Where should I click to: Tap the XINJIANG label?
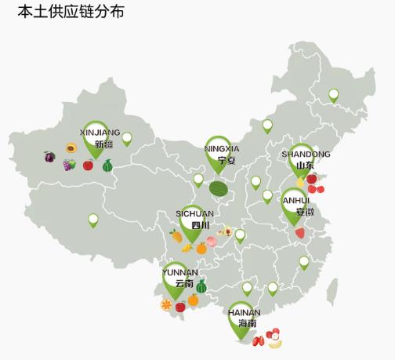coord(100,133)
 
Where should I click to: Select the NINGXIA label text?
coord(222,148)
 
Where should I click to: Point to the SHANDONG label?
coord(306,155)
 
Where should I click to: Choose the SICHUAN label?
coord(194,213)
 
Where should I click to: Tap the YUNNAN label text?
coord(180,272)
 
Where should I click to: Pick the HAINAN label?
coord(245,312)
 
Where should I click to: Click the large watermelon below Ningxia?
coord(219,188)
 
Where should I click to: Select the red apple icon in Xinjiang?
coord(88,165)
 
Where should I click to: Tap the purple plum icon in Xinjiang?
coord(49,157)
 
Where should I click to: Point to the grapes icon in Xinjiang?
coord(69,165)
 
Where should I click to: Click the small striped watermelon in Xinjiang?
coord(107,165)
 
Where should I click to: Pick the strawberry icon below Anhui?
coord(300,233)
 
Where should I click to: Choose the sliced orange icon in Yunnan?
coord(166,304)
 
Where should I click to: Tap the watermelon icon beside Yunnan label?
coord(201,286)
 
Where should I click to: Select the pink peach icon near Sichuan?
coord(212,242)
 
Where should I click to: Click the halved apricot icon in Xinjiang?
coord(71,147)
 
